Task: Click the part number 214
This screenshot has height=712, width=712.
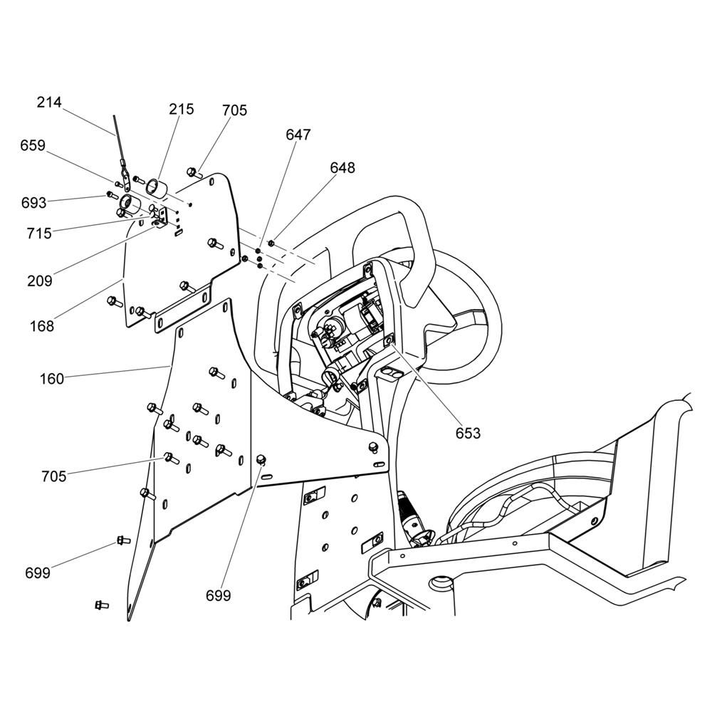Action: pyautogui.click(x=49, y=103)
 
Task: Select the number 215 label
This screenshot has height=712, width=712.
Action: pyautogui.click(x=182, y=110)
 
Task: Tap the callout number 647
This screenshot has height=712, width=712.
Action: pyautogui.click(x=298, y=135)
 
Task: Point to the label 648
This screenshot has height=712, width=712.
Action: pyautogui.click(x=342, y=168)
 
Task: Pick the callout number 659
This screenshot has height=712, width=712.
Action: pyautogui.click(x=33, y=145)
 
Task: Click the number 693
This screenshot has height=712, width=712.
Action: pyautogui.click(x=33, y=203)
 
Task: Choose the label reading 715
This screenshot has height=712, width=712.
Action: pyautogui.click(x=39, y=233)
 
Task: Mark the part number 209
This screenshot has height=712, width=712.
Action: pyautogui.click(x=39, y=281)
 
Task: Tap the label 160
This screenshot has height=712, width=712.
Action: pyautogui.click(x=51, y=378)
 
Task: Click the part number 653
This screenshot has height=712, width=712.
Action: pyautogui.click(x=468, y=433)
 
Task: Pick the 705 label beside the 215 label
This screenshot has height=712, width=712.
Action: pyautogui.click(x=234, y=110)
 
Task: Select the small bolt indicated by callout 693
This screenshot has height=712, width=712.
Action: pyautogui.click(x=110, y=194)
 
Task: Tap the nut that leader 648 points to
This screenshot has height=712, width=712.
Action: pyautogui.click(x=271, y=244)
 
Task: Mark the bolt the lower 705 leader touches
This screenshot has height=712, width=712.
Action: pyautogui.click(x=169, y=456)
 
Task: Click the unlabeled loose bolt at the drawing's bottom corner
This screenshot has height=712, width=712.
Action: pyautogui.click(x=100, y=605)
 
